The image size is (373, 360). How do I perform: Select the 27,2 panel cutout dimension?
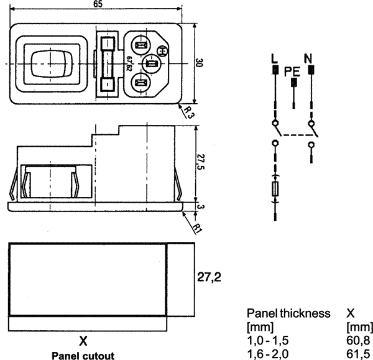(x=210, y=278)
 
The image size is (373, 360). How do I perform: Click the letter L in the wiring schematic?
(x=274, y=60)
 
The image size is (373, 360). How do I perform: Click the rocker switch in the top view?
(x=48, y=63)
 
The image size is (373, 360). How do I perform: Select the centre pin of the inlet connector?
(x=151, y=63)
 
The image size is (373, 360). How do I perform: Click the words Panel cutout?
(x=83, y=356)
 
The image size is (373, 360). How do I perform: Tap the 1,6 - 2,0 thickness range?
(x=268, y=353)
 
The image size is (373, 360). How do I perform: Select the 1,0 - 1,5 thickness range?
(x=268, y=341)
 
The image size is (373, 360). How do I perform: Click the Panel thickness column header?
(x=288, y=313)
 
